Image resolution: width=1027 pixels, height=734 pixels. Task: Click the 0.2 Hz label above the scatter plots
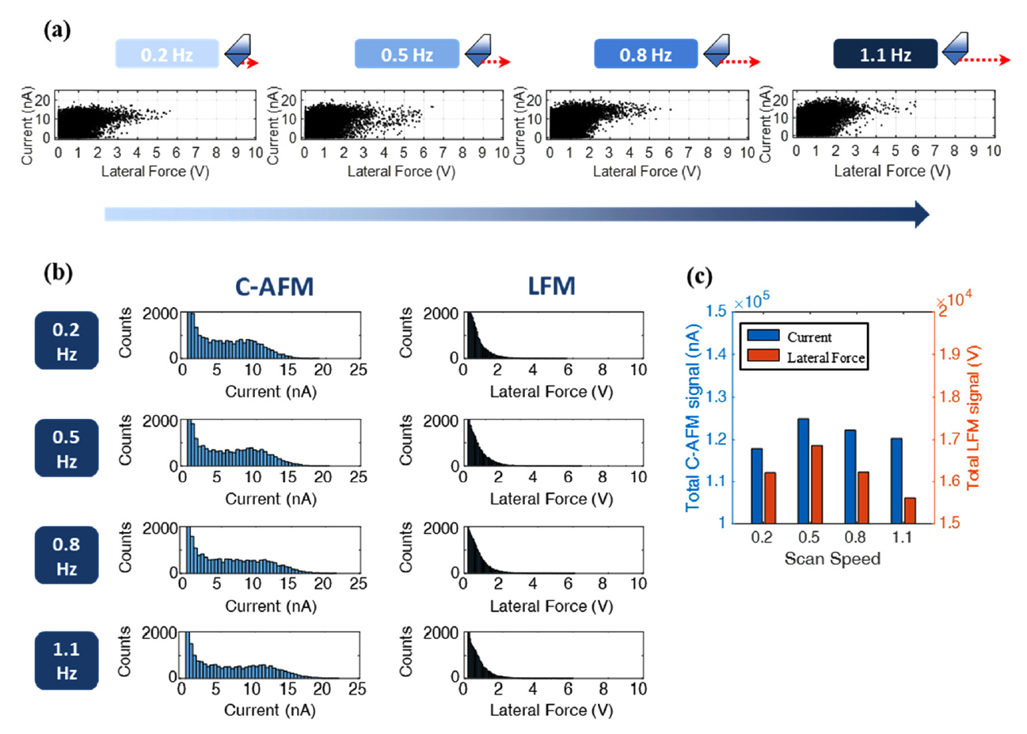tap(167, 55)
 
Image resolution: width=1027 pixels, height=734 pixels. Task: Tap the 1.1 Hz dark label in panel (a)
tap(885, 55)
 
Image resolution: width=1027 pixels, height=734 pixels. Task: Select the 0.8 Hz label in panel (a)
tap(645, 55)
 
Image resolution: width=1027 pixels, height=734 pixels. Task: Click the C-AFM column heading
tap(274, 287)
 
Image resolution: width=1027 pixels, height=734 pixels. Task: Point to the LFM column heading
tap(551, 287)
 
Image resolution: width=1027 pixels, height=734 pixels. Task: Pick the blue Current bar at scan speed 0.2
tap(756, 485)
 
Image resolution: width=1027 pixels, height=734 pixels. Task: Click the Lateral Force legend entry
tap(825, 358)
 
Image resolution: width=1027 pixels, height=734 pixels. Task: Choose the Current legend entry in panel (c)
tap(808, 337)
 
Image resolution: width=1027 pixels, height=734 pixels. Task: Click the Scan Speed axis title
tap(831, 559)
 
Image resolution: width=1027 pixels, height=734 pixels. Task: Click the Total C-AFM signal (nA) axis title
tap(694, 416)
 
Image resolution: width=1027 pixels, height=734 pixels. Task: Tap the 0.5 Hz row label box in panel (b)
tap(67, 448)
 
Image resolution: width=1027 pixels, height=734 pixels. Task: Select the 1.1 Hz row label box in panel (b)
tap(67, 660)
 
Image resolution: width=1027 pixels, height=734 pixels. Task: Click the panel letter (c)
tap(699, 276)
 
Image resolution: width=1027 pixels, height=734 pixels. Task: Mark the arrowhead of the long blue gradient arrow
tap(922, 215)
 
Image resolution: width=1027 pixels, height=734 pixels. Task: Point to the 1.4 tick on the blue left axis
tap(716, 353)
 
